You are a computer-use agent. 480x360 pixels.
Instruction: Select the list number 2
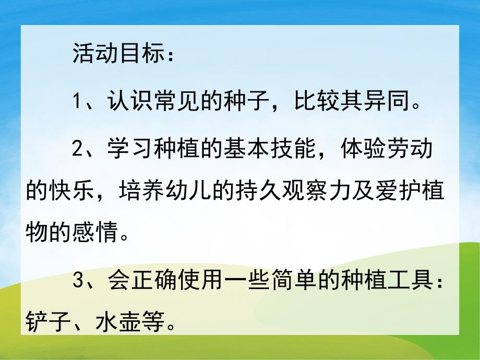click(x=78, y=147)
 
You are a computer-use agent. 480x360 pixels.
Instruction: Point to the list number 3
click(x=78, y=282)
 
